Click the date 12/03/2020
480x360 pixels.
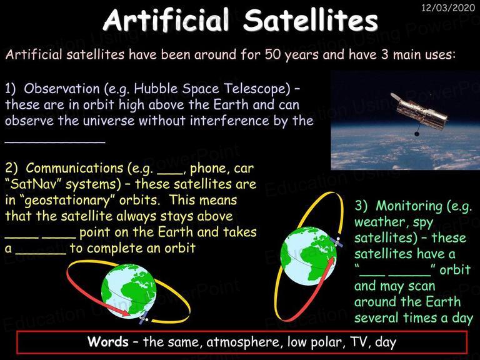[448, 7]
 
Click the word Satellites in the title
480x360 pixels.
[311, 20]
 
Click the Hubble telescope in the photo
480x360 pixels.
[418, 113]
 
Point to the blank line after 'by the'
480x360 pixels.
[55, 141]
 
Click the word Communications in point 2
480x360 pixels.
[74, 168]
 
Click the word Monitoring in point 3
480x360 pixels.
[409, 206]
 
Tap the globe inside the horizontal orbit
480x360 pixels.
[129, 291]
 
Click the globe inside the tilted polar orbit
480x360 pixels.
[309, 256]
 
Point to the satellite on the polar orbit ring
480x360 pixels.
[337, 241]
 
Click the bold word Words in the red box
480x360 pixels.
[108, 342]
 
